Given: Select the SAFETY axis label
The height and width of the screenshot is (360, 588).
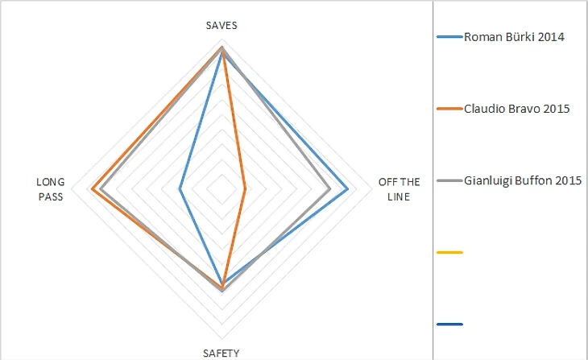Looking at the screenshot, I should coord(221,352).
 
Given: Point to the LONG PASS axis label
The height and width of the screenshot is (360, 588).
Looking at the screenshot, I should coord(51,189).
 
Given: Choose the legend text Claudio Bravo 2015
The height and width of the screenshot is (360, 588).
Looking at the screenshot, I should coord(517,109).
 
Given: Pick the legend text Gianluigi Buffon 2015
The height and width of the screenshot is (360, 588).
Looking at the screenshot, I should coord(523,180).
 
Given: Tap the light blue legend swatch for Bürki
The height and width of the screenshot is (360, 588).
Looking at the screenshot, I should coord(449,36).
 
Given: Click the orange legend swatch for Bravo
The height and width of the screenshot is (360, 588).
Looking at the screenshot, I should coord(449,109).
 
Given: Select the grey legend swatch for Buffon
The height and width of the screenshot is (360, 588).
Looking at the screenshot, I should coord(449,180).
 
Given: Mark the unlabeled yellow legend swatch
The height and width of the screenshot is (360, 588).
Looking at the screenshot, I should coord(449,253).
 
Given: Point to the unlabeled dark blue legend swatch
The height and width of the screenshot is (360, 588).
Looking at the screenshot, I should coord(449,325).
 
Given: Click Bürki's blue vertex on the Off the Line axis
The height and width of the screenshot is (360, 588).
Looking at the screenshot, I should coord(348,190).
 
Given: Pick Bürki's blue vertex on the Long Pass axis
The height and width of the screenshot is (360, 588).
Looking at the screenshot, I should coord(180,190).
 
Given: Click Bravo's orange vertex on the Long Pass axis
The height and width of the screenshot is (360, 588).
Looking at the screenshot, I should coord(92,190).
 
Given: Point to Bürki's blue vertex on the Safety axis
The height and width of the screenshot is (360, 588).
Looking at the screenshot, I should coord(222,282).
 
